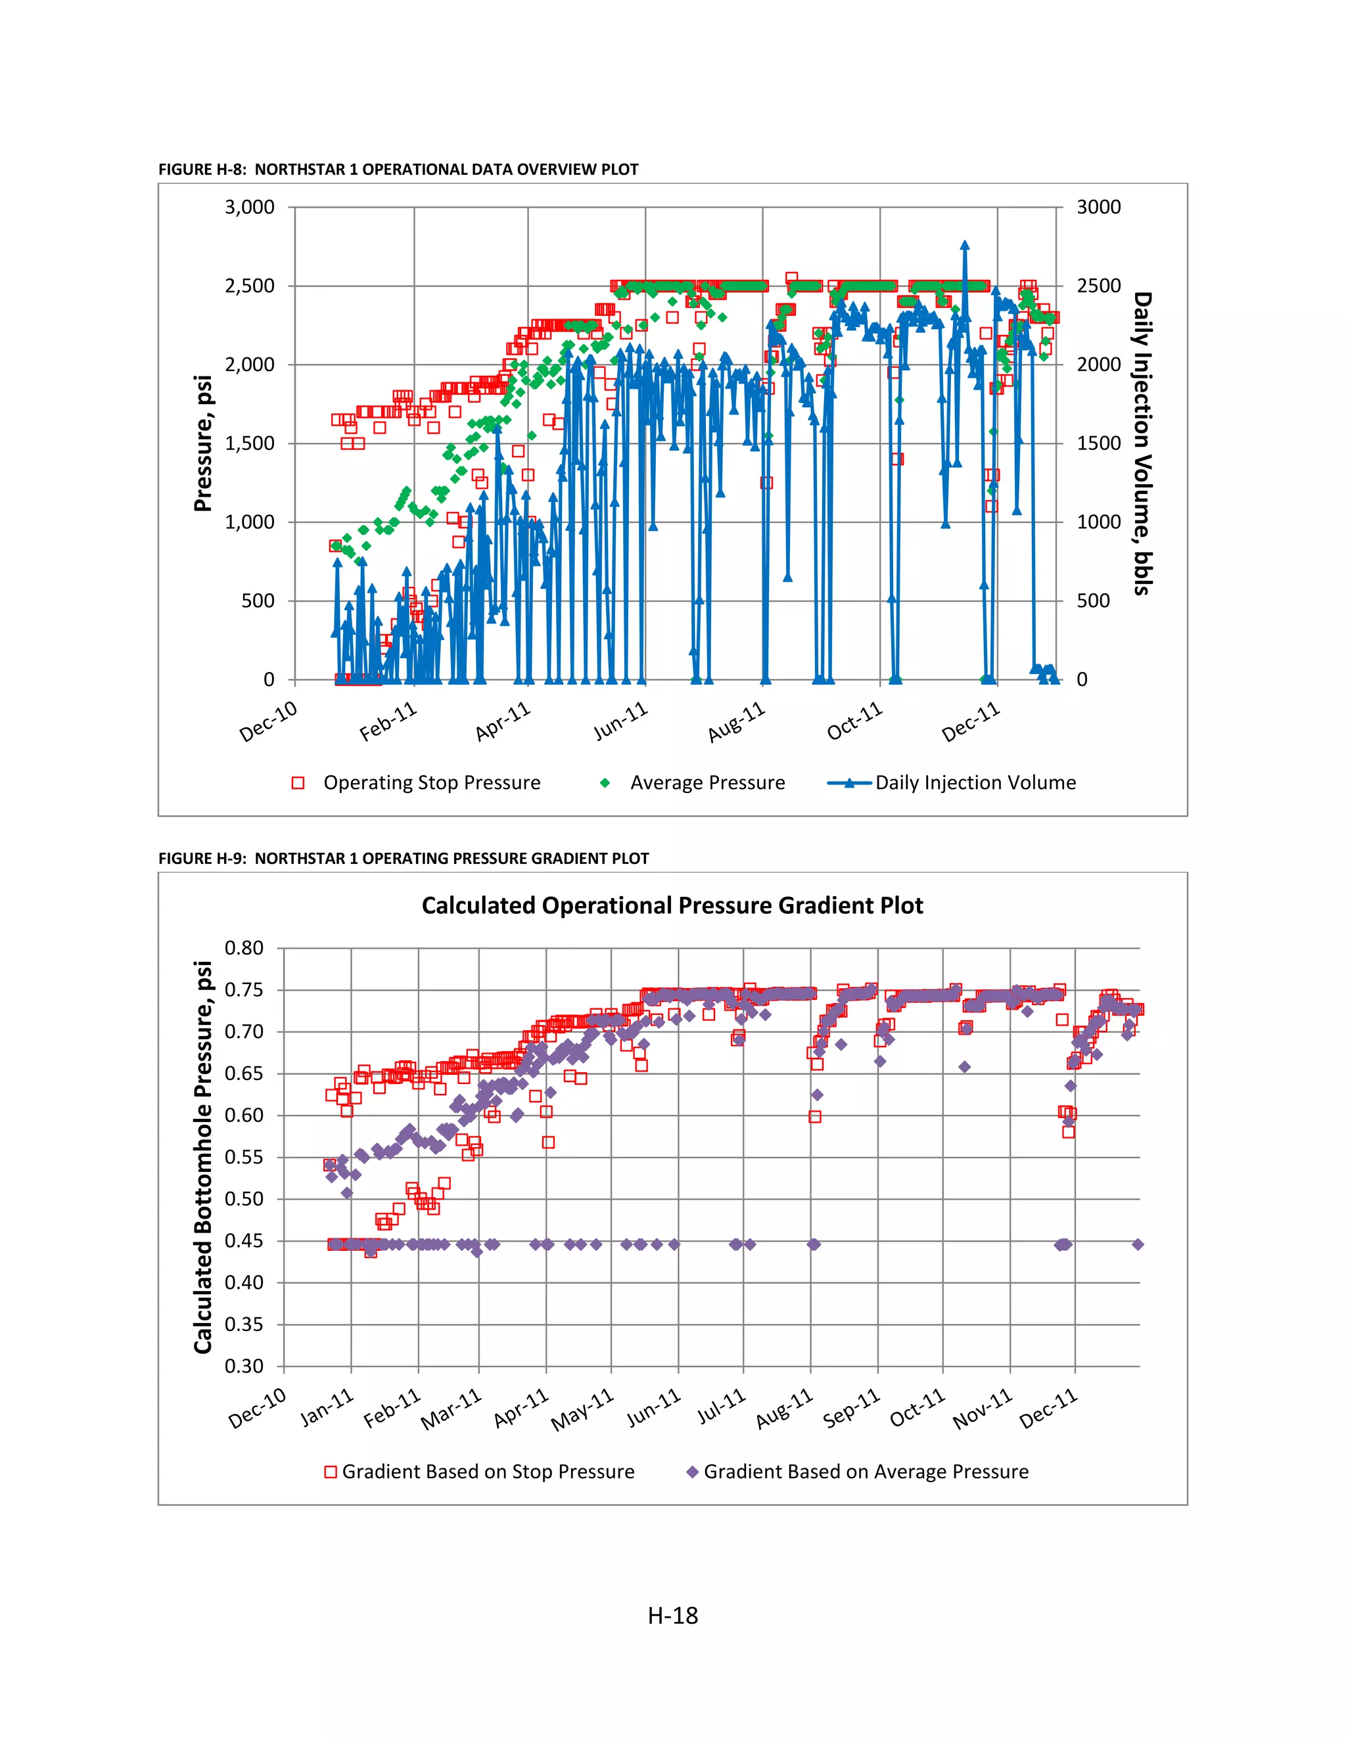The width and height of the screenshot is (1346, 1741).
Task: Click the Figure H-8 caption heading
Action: [x=398, y=169]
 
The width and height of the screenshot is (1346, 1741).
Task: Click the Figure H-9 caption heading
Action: [x=404, y=859]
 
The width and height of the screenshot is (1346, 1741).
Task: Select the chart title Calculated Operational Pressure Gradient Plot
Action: [x=672, y=905]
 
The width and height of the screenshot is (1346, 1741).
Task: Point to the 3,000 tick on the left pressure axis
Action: [x=250, y=207]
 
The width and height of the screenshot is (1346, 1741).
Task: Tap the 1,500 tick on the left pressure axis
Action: [x=250, y=443]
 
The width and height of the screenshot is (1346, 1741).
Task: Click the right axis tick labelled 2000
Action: [x=1098, y=365]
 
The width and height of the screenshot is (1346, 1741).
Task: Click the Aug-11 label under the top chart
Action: [x=737, y=721]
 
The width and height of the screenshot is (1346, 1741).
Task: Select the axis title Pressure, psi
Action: [x=203, y=443]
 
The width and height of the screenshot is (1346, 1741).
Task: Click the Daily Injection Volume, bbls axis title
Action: [x=1143, y=443]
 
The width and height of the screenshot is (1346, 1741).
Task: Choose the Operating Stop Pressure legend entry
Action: [x=431, y=783]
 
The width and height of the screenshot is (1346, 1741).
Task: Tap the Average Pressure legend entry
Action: [x=707, y=783]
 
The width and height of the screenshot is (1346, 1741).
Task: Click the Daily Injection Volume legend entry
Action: [x=975, y=783]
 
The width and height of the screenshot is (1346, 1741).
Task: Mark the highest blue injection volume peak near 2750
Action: [x=965, y=246]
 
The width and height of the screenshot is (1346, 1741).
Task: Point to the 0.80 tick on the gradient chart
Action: [x=244, y=949]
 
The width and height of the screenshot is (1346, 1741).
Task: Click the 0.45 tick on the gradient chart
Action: [x=244, y=1241]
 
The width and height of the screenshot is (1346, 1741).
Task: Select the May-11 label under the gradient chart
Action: [x=583, y=1409]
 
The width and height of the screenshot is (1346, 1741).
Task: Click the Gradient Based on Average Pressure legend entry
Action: [x=866, y=1472]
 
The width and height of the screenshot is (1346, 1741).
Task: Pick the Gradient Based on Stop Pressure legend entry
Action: [x=488, y=1472]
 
